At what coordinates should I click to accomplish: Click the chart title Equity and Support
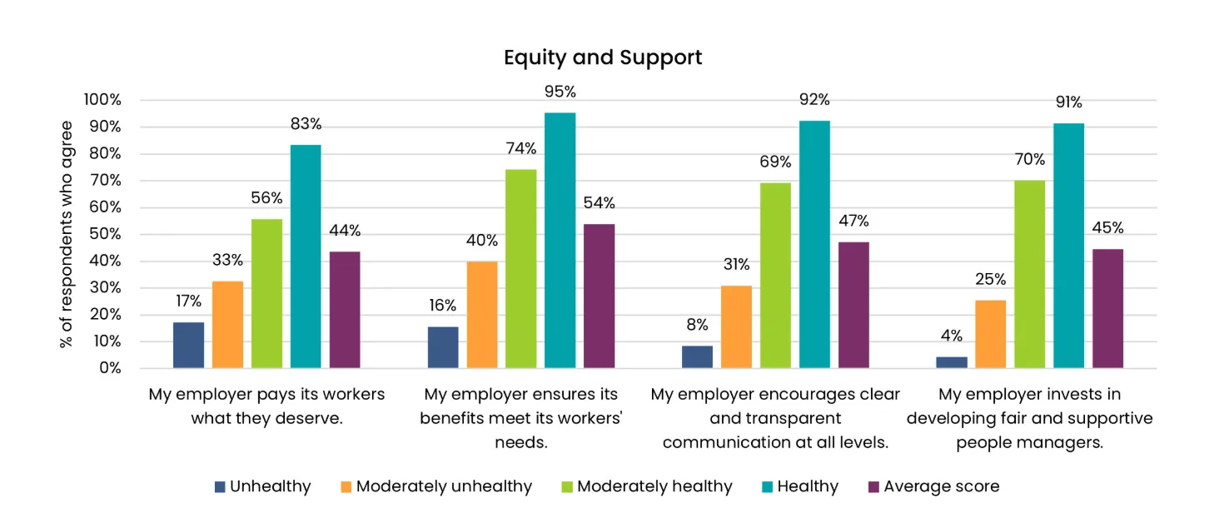coord(603,57)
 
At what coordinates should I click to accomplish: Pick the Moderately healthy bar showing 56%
coord(266,293)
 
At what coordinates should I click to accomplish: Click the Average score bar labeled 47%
coord(853,305)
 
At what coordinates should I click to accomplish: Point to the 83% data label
coord(306,124)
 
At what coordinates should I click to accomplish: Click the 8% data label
coord(697,325)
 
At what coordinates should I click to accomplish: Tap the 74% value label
coord(520,149)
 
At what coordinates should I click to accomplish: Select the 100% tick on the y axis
coord(102,100)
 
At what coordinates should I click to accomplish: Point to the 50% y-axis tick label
coord(105,234)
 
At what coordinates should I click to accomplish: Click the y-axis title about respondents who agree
coord(67,234)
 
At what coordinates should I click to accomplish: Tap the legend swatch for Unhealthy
coord(220,487)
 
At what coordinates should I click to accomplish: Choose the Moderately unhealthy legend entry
coord(444,486)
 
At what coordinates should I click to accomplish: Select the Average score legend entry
coord(941,486)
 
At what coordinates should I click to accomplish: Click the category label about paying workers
coord(266,406)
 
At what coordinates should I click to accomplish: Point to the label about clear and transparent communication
coord(775,418)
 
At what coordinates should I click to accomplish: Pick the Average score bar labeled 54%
coord(599,296)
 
